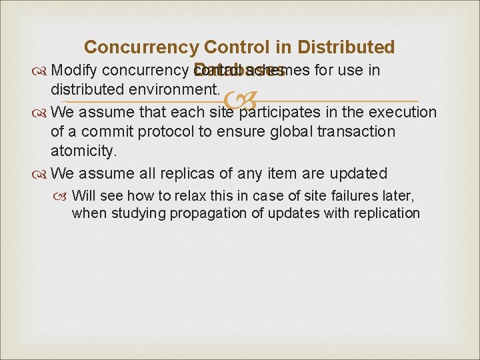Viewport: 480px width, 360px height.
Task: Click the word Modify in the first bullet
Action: click(75, 70)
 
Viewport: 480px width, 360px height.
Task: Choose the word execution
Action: click(401, 111)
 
